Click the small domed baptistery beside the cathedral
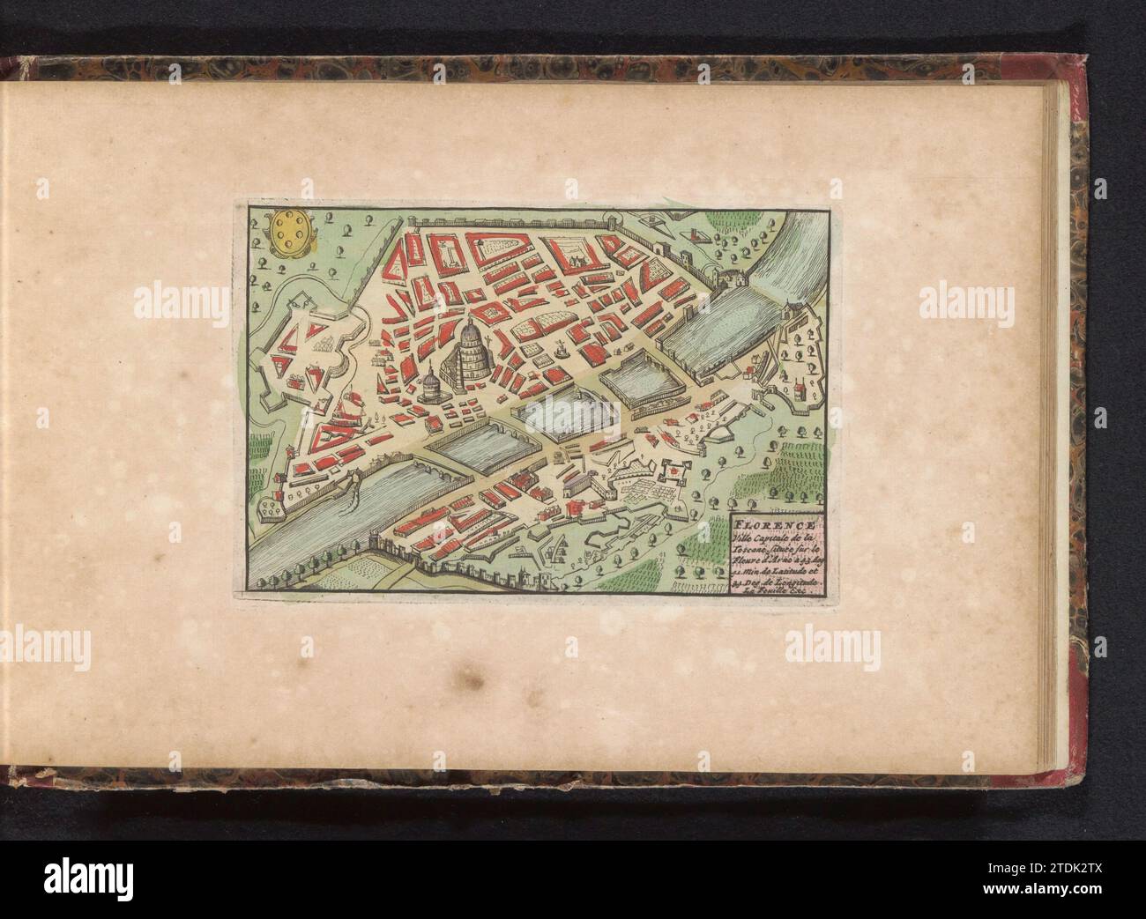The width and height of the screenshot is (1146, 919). pos(428,384)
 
